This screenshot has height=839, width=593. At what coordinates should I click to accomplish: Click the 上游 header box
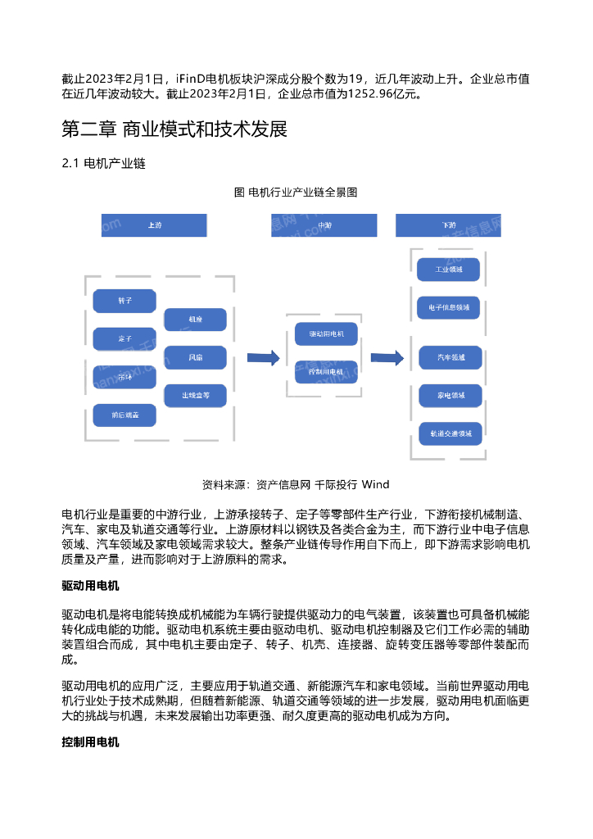click(154, 225)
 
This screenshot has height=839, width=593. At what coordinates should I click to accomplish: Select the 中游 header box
click(324, 225)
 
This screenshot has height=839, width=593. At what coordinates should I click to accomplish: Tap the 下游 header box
click(448, 225)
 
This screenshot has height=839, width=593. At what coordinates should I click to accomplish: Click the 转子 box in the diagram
click(124, 301)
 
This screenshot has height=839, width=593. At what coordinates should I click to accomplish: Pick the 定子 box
click(124, 338)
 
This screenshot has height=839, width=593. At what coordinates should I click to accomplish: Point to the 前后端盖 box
click(124, 415)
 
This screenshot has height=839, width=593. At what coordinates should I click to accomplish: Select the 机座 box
click(195, 320)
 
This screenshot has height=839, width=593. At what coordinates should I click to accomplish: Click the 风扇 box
click(195, 357)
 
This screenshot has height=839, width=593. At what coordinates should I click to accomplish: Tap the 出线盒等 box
click(195, 396)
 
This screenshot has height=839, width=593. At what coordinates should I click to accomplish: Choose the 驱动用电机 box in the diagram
click(326, 334)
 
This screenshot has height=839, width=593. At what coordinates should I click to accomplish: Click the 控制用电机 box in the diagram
click(326, 372)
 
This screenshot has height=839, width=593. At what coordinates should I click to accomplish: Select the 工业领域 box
click(449, 269)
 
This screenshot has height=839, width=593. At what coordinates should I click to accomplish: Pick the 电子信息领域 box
click(449, 308)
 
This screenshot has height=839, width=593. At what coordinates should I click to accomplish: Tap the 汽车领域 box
click(449, 357)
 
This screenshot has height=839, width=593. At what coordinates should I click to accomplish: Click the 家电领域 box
click(449, 395)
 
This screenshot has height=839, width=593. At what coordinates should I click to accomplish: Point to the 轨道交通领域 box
click(449, 433)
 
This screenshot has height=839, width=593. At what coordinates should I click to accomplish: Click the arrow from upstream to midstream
click(262, 357)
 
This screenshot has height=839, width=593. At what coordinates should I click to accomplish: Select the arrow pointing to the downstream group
click(387, 357)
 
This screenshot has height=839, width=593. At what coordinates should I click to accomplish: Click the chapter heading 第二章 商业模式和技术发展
click(174, 129)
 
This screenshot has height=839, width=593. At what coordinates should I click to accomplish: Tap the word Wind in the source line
click(375, 483)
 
